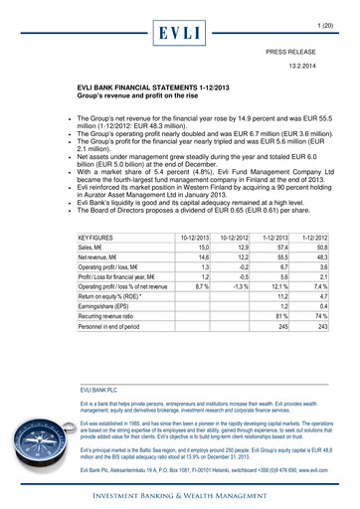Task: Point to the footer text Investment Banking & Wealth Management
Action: pyautogui.click(x=179, y=491)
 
